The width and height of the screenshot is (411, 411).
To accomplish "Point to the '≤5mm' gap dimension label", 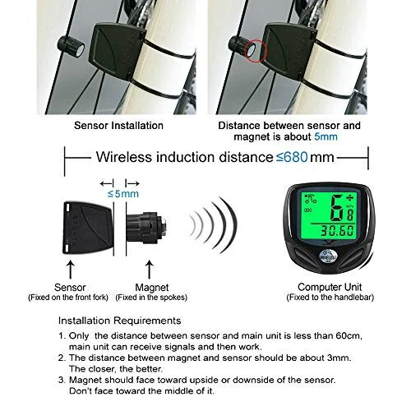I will (124, 194).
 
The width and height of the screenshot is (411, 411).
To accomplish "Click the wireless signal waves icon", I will (210, 223).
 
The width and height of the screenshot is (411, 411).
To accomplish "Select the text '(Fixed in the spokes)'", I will (149, 298).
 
